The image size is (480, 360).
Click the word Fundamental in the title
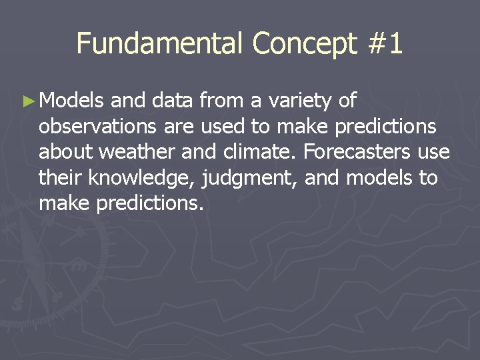pyautogui.click(x=161, y=43)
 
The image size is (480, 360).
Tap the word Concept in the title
pyautogui.click(x=305, y=43)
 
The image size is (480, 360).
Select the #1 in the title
pyautogui.click(x=385, y=43)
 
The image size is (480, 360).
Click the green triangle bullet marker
pyautogui.click(x=27, y=101)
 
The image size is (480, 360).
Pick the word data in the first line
pyautogui.click(x=173, y=101)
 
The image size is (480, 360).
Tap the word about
pyautogui.click(x=66, y=153)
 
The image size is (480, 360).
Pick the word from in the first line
pyautogui.click(x=222, y=101)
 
